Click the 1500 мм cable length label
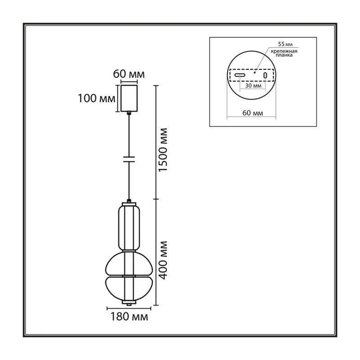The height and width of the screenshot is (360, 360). pos(163,150)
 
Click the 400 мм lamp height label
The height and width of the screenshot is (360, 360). pos(163,260)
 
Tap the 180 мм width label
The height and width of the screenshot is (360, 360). pos(129,317)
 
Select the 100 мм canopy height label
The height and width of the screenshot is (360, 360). pos(96,98)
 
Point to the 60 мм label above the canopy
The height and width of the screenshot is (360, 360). pos(129,74)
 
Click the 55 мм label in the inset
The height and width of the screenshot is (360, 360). pos(285,44)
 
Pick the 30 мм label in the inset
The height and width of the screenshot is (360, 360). pos(253,85)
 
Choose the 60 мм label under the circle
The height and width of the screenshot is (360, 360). pos(252,113)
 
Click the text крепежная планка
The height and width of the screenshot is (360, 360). pos(284,53)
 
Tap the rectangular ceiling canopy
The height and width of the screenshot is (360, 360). pos(129,98)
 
